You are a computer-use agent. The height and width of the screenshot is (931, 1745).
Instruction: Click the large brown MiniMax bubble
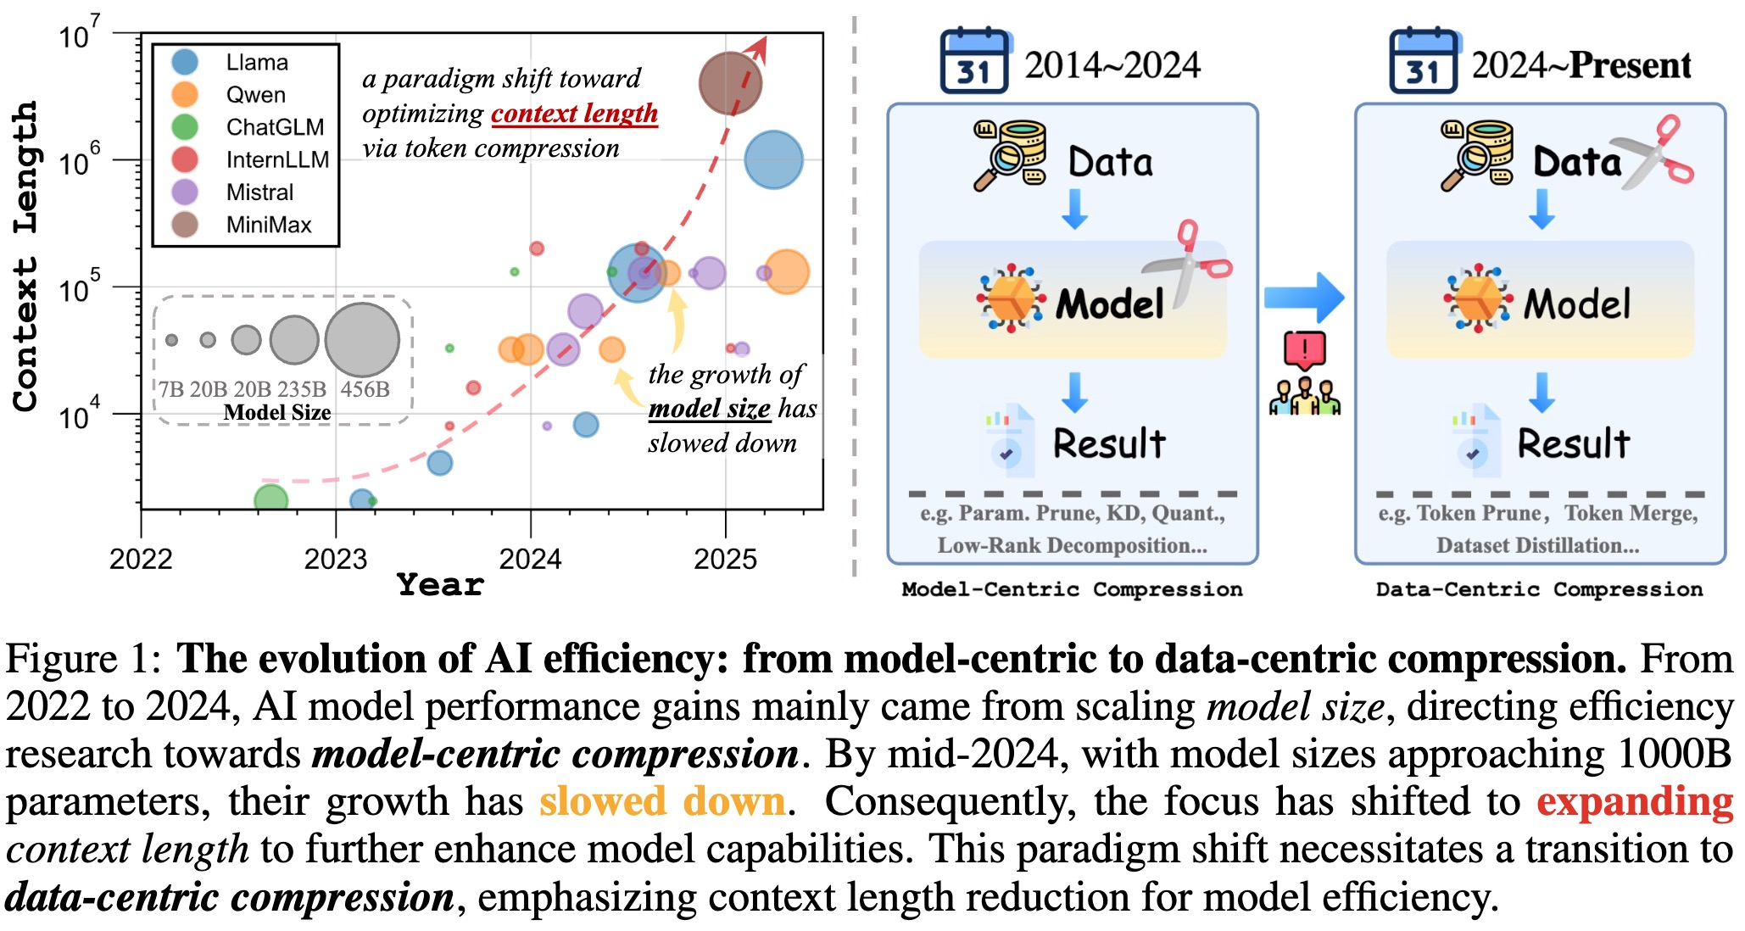730,83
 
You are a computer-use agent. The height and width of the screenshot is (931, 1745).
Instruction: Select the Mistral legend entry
259,192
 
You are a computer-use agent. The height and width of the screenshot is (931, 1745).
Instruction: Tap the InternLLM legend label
277,159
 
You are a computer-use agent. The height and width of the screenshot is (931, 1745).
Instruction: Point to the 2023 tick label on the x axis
336,559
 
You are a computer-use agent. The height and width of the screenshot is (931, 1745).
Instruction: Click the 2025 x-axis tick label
725,559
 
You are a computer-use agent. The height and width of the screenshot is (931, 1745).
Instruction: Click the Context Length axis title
25,256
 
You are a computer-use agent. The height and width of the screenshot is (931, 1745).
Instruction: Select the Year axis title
440,585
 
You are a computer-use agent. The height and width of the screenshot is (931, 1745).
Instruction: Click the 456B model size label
365,389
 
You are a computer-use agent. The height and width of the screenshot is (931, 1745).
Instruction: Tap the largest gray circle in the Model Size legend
362,339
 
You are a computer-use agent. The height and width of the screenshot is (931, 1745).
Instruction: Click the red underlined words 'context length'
574,113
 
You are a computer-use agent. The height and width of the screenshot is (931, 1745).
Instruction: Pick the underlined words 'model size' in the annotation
709,409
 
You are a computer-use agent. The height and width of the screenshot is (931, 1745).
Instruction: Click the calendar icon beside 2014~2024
973,61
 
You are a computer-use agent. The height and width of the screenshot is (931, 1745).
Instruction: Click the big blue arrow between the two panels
1303,298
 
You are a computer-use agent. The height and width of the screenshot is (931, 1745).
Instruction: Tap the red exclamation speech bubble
1304,349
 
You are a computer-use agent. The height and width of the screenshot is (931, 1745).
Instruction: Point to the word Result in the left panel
1109,443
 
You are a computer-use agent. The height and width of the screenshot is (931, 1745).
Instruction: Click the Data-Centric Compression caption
1539,589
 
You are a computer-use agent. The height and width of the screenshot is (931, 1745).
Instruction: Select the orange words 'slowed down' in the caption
662,801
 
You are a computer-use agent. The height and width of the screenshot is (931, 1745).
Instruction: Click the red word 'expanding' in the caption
1635,801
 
